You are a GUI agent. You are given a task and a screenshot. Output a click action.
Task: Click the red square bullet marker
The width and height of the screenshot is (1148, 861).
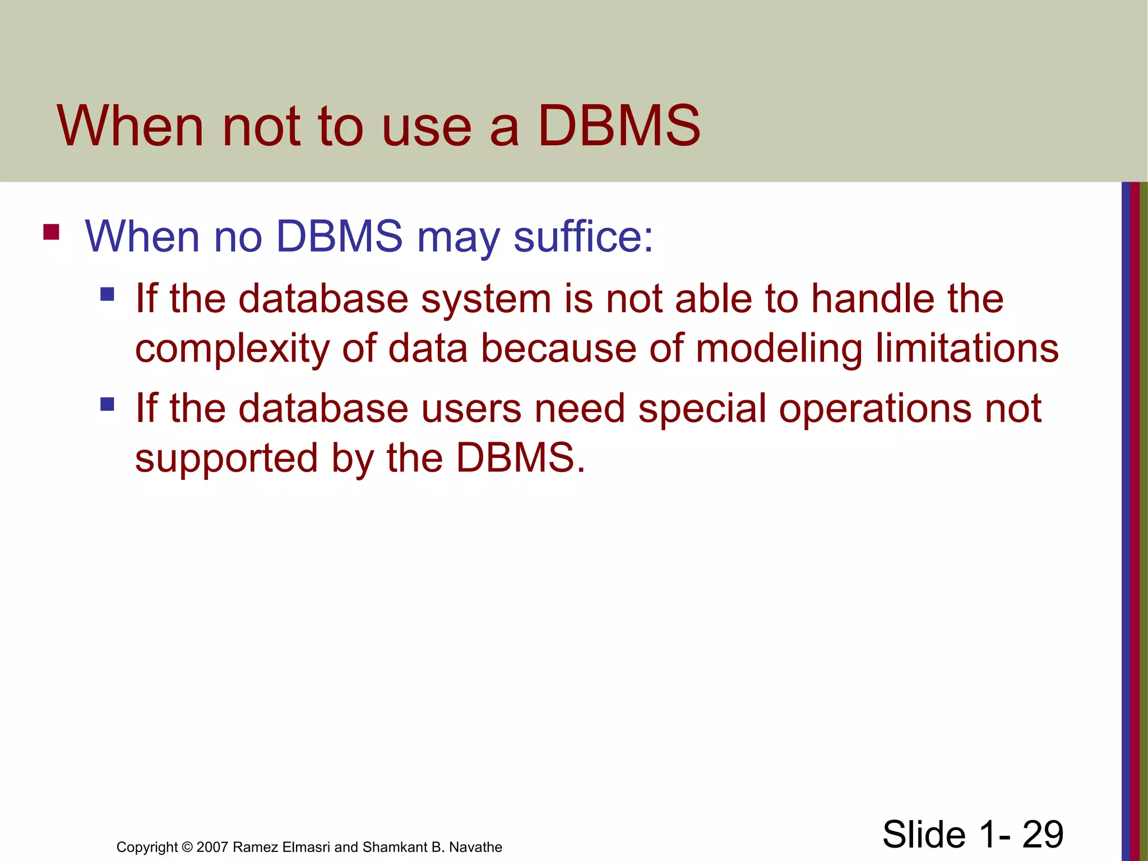tap(51, 232)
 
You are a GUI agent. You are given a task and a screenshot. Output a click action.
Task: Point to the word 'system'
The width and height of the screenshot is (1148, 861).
tap(486, 299)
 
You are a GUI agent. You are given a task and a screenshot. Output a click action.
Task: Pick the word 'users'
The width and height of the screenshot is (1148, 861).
tap(471, 408)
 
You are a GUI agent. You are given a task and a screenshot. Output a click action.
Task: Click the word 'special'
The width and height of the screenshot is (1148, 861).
tap(702, 408)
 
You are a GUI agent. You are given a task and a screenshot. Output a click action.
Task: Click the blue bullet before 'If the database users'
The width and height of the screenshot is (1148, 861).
tap(107, 404)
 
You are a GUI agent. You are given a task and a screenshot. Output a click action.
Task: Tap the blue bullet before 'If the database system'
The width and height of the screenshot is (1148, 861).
tap(107, 294)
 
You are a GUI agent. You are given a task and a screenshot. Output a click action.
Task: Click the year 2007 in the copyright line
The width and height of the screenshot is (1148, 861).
tap(212, 847)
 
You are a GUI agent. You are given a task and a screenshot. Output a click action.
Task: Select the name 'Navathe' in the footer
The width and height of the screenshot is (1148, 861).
tap(475, 847)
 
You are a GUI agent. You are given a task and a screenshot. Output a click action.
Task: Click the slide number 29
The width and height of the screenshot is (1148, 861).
tap(1042, 834)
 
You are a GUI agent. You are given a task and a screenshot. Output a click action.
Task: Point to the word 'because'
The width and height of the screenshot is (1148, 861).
tap(559, 349)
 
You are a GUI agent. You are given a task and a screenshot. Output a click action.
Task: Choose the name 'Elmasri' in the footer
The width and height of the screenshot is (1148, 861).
tap(307, 847)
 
